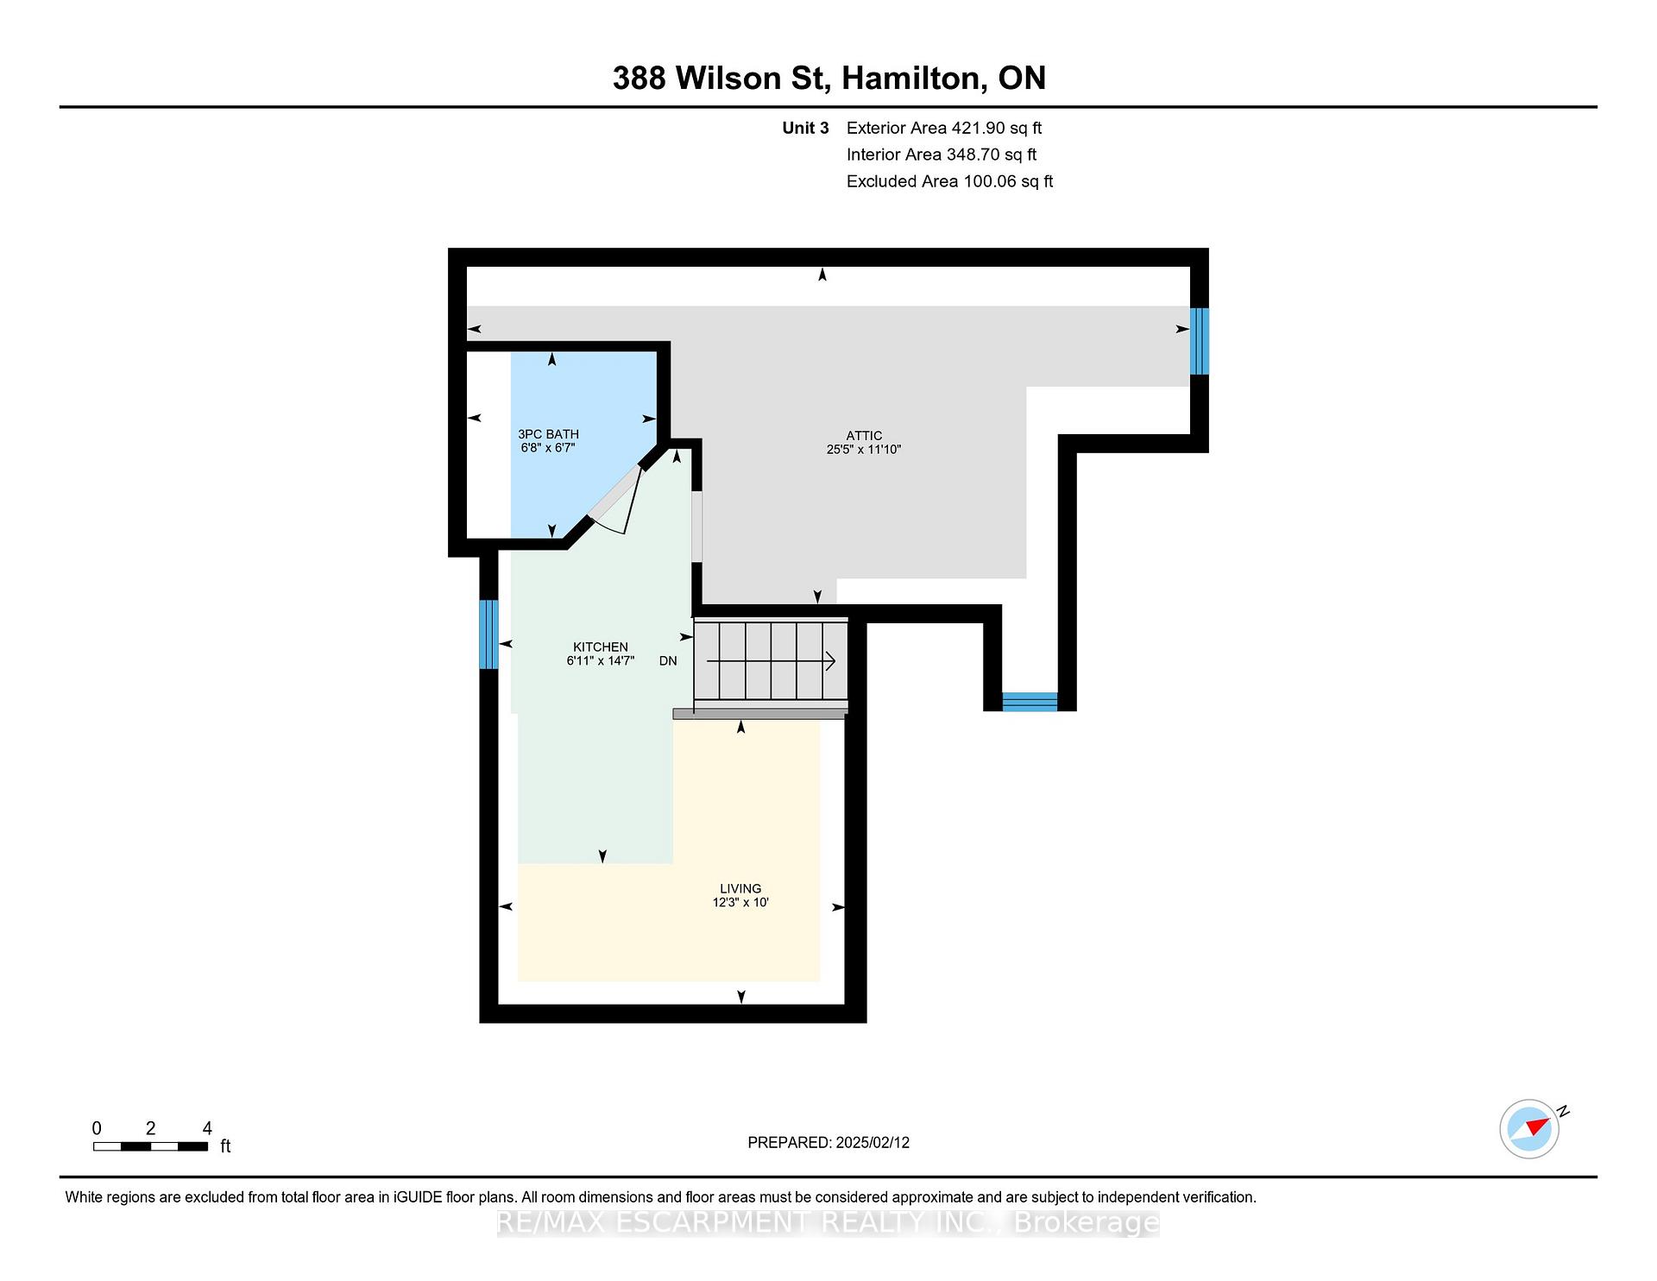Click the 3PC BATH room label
pos(548,434)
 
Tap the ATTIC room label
pos(864,436)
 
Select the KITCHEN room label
pos(601,647)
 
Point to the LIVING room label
pos(740,889)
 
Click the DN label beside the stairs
pos(668,661)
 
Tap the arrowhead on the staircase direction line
pos(830,661)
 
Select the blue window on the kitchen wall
pos(488,634)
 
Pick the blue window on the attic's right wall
pos(1199,341)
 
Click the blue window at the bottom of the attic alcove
pos(1030,702)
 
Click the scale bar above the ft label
pos(150,1146)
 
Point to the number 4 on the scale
pos(207,1128)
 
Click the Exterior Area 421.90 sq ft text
pos(944,128)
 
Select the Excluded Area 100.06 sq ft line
pos(949,181)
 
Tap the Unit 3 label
pos(805,128)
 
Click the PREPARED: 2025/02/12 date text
pos(828,1142)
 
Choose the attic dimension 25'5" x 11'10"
pos(864,450)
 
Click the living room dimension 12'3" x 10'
pos(740,903)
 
